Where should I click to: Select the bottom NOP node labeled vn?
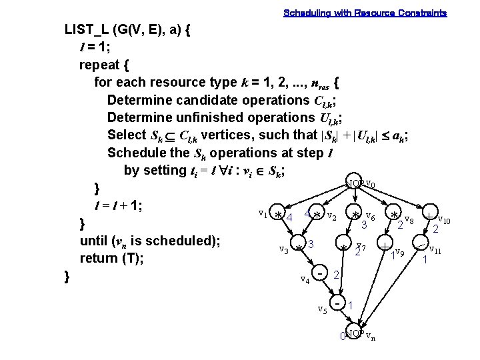[355, 333]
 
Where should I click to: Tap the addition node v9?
[386, 247]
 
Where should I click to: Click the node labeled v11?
[422, 247]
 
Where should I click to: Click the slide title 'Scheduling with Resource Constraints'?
[365, 13]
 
